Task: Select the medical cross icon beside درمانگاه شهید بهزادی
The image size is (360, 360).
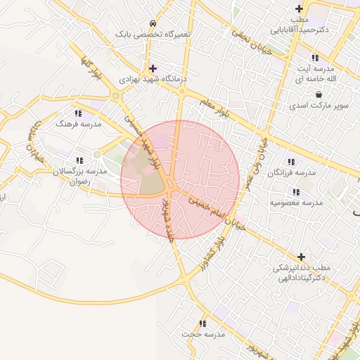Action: (153, 68)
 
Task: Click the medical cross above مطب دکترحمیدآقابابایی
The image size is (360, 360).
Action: (300, 8)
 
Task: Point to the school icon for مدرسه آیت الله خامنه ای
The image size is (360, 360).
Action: (314, 58)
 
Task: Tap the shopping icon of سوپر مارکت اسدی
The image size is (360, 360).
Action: (319, 94)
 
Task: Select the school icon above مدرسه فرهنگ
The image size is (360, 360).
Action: (78, 112)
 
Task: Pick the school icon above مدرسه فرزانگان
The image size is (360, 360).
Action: (291, 162)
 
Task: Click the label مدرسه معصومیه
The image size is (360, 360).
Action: (296, 202)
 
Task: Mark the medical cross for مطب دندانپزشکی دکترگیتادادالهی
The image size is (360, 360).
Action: (302, 257)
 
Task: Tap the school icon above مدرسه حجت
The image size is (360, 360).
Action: (202, 323)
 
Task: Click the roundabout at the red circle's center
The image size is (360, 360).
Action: (172, 185)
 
